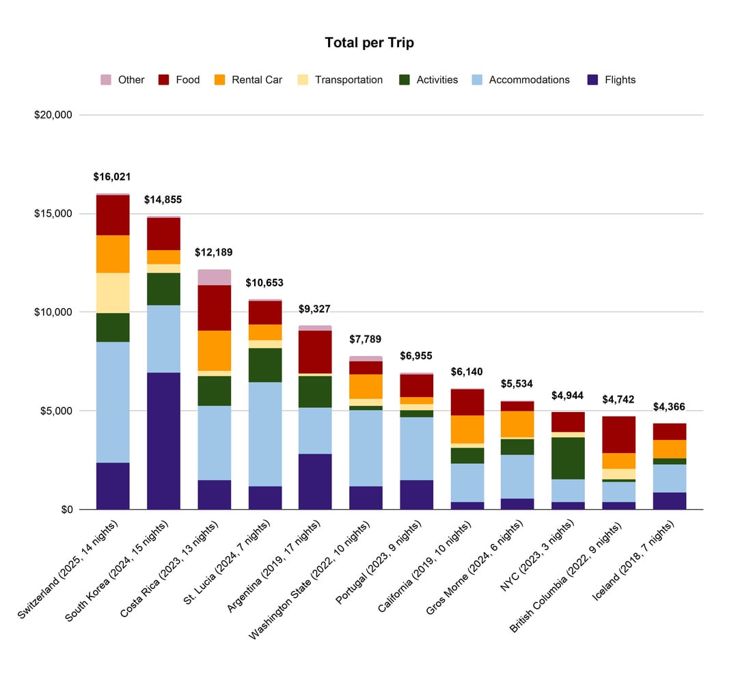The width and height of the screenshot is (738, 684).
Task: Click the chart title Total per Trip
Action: (369, 43)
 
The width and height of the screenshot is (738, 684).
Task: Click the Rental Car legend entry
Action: (256, 80)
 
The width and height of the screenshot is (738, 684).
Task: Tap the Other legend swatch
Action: (106, 80)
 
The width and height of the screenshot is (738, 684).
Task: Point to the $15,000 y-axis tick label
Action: (53, 214)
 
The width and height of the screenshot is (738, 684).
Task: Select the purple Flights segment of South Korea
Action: (163, 441)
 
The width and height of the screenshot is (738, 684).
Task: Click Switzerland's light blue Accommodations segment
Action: (113, 402)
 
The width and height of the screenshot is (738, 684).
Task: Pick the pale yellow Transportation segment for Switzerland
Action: (113, 292)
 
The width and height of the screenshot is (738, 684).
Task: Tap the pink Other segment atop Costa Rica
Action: (214, 277)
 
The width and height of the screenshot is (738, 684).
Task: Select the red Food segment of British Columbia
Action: (618, 435)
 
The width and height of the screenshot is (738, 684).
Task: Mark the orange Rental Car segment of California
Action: (467, 429)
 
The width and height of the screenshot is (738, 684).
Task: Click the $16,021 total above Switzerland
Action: (112, 177)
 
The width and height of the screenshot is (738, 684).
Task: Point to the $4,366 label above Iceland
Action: (669, 407)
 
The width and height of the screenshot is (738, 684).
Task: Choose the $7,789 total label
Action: (365, 339)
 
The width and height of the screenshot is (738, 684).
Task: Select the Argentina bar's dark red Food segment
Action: (315, 352)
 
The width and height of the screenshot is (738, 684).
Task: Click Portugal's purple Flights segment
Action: (416, 495)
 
